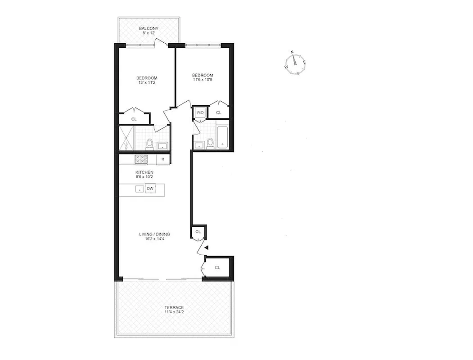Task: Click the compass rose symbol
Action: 295,63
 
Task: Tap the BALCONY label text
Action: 148,28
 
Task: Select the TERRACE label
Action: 173,307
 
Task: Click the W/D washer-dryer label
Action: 200,112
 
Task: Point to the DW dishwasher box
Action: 150,189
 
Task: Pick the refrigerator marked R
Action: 162,159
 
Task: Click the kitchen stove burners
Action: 141,159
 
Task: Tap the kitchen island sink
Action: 140,189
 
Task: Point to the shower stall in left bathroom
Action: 126,138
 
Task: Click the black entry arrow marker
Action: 206,247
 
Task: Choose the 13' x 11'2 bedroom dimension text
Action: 147,83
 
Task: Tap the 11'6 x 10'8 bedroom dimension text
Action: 203,80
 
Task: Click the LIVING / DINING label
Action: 154,234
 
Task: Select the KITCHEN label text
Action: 144,172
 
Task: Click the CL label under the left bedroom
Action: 134,119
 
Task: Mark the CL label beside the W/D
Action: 219,113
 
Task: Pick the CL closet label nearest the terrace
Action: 217,268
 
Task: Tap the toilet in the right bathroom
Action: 210,143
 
